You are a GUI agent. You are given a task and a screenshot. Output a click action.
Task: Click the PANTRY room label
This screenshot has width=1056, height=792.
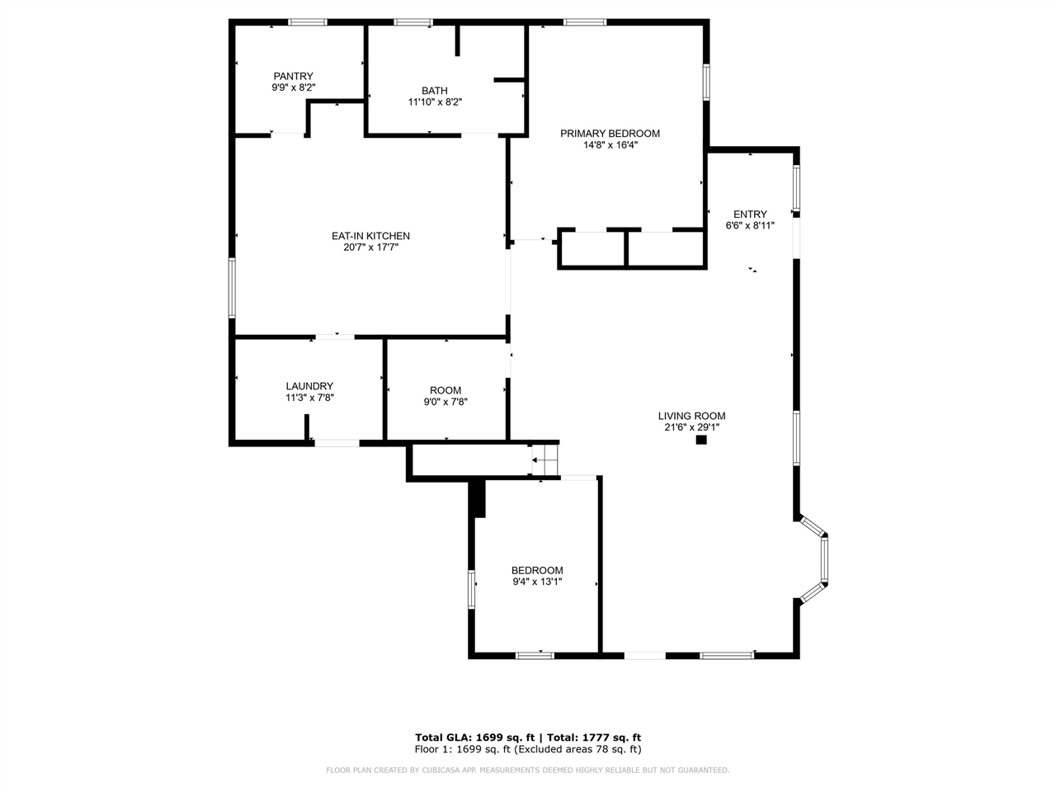tap(293, 76)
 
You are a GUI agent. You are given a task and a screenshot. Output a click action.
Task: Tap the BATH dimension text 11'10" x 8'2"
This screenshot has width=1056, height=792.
tap(435, 102)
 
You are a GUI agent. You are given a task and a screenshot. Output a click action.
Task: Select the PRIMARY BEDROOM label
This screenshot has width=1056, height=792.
tap(610, 133)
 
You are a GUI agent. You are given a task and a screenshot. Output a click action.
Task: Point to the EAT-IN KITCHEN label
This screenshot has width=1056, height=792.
tap(370, 236)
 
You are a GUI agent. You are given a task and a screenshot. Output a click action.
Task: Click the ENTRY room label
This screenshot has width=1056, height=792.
tap(750, 214)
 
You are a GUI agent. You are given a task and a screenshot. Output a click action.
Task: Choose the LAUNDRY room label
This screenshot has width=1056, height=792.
tap(309, 385)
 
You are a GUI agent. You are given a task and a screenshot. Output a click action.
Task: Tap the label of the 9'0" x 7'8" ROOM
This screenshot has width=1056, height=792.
tap(445, 390)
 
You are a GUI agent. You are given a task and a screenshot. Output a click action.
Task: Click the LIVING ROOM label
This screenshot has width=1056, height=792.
tap(691, 416)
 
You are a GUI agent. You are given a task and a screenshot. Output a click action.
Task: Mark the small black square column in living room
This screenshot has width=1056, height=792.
tap(701, 440)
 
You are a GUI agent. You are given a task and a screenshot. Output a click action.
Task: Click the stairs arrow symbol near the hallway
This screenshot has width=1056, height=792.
tap(544, 460)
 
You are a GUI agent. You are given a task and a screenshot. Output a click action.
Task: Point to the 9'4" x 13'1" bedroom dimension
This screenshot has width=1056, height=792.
tap(537, 582)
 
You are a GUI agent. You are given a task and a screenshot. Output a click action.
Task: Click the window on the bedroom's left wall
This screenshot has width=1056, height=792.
tap(472, 589)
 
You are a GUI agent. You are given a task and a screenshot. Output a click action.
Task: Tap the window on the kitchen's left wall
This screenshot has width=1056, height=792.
tap(233, 287)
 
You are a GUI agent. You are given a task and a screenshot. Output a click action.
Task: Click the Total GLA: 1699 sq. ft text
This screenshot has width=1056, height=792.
tap(475, 738)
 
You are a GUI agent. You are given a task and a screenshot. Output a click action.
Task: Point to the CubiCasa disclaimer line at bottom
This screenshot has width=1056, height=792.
tap(528, 770)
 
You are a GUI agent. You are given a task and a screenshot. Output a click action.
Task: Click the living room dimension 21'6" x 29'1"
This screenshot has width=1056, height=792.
tap(691, 427)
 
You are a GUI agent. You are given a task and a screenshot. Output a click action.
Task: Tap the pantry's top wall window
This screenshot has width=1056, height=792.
tap(307, 22)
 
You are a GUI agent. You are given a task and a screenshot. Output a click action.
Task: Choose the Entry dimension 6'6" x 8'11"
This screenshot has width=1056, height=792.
tap(750, 225)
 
